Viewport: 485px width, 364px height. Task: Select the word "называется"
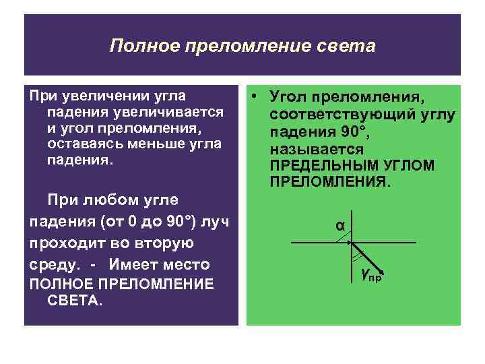pyautogui.click(x=317, y=149)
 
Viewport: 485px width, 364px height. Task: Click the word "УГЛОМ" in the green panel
pyautogui.click(x=412, y=166)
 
